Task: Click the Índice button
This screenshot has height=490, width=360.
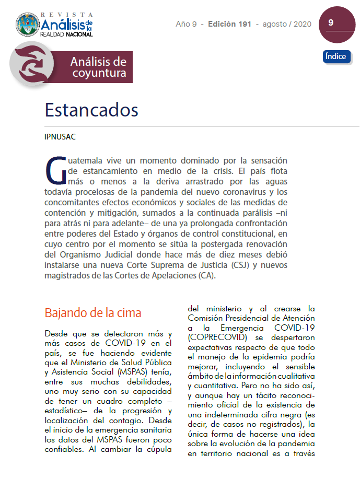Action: click(336, 56)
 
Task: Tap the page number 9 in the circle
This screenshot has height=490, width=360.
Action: click(331, 23)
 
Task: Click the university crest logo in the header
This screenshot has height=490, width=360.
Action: click(28, 25)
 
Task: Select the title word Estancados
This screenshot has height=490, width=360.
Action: click(91, 110)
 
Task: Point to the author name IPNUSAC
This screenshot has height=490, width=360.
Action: click(60, 137)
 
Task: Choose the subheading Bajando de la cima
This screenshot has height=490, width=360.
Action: click(93, 313)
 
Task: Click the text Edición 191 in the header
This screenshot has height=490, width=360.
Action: click(229, 24)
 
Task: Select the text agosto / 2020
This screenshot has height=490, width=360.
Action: click(287, 24)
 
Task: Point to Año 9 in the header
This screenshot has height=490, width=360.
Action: click(187, 24)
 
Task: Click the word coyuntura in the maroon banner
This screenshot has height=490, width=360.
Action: click(99, 73)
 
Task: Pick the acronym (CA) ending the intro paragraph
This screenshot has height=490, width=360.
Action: click(207, 276)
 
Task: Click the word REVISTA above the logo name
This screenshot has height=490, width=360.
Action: click(67, 14)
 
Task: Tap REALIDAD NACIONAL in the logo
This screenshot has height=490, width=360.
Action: click(66, 34)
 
